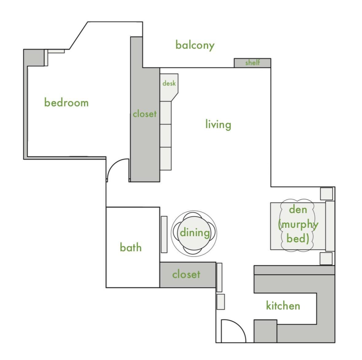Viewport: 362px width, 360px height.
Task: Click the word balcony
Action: pyautogui.click(x=195, y=45)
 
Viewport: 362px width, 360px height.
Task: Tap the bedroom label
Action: pyautogui.click(x=66, y=102)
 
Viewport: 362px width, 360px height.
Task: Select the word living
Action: pyautogui.click(x=218, y=125)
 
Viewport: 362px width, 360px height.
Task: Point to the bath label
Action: pyautogui.click(x=131, y=247)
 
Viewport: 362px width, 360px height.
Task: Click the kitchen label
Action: pyautogui.click(x=283, y=306)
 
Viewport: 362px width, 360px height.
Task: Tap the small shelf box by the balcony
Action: pyautogui.click(x=252, y=63)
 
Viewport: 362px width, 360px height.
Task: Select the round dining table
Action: pyautogui.click(x=194, y=233)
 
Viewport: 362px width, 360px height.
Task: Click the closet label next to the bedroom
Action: pyautogui.click(x=145, y=114)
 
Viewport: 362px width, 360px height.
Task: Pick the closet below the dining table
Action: pyautogui.click(x=188, y=275)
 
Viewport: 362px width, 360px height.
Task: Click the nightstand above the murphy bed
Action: pyautogui.click(x=326, y=194)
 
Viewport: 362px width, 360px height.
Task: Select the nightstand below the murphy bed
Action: pyautogui.click(x=326, y=259)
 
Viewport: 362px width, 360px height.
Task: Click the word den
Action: pyautogui.click(x=298, y=209)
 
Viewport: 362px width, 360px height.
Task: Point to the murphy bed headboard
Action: pyautogui.click(x=330, y=226)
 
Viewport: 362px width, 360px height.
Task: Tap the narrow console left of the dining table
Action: pyautogui.click(x=164, y=235)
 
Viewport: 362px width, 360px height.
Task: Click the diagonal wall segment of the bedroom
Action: pyautogui.click(x=79, y=35)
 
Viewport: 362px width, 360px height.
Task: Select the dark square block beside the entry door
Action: pyautogui.click(x=266, y=331)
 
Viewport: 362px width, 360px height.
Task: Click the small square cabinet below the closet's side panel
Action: pyautogui.click(x=221, y=302)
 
